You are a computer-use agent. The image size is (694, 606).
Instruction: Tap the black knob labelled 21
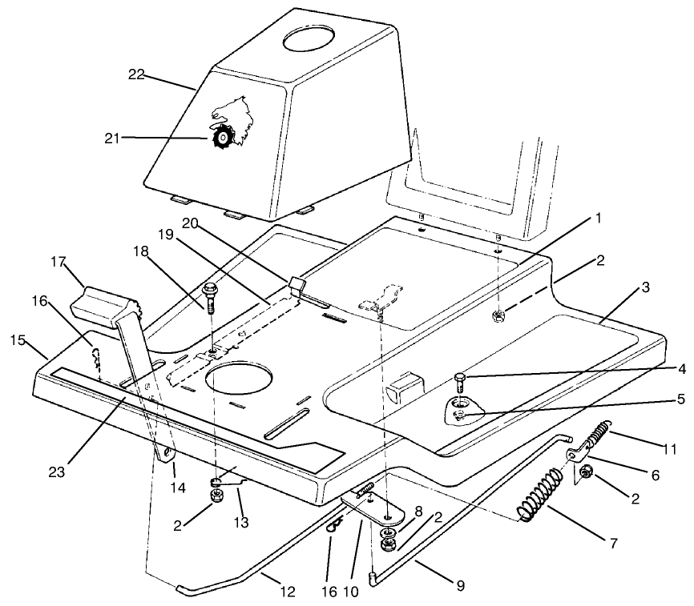point(220,138)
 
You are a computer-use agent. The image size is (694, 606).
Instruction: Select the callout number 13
point(240,522)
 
